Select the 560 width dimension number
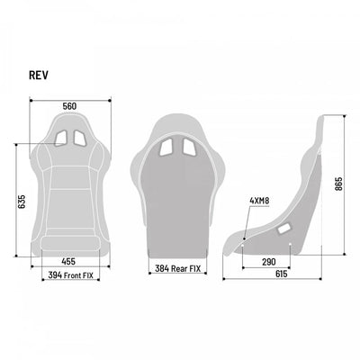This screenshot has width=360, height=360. click(x=69, y=106)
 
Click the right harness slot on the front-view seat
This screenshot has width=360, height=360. click(x=80, y=139)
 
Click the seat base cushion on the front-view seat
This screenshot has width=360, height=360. click(x=69, y=225)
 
